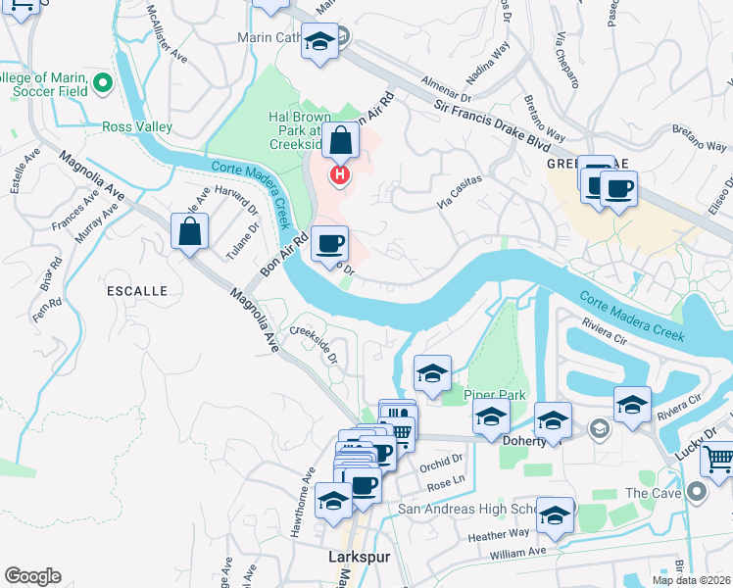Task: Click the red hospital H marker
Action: click(x=339, y=175)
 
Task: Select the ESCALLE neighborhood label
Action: click(x=139, y=291)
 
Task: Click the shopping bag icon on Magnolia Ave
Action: click(x=189, y=232)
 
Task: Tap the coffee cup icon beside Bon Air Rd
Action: click(x=330, y=242)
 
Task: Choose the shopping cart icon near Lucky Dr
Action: click(x=719, y=458)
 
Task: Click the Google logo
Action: click(x=32, y=576)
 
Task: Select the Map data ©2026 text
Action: click(x=691, y=580)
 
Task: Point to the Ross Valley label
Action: click(x=137, y=127)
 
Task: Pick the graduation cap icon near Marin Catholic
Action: click(x=318, y=42)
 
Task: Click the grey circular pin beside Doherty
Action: click(x=597, y=429)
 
